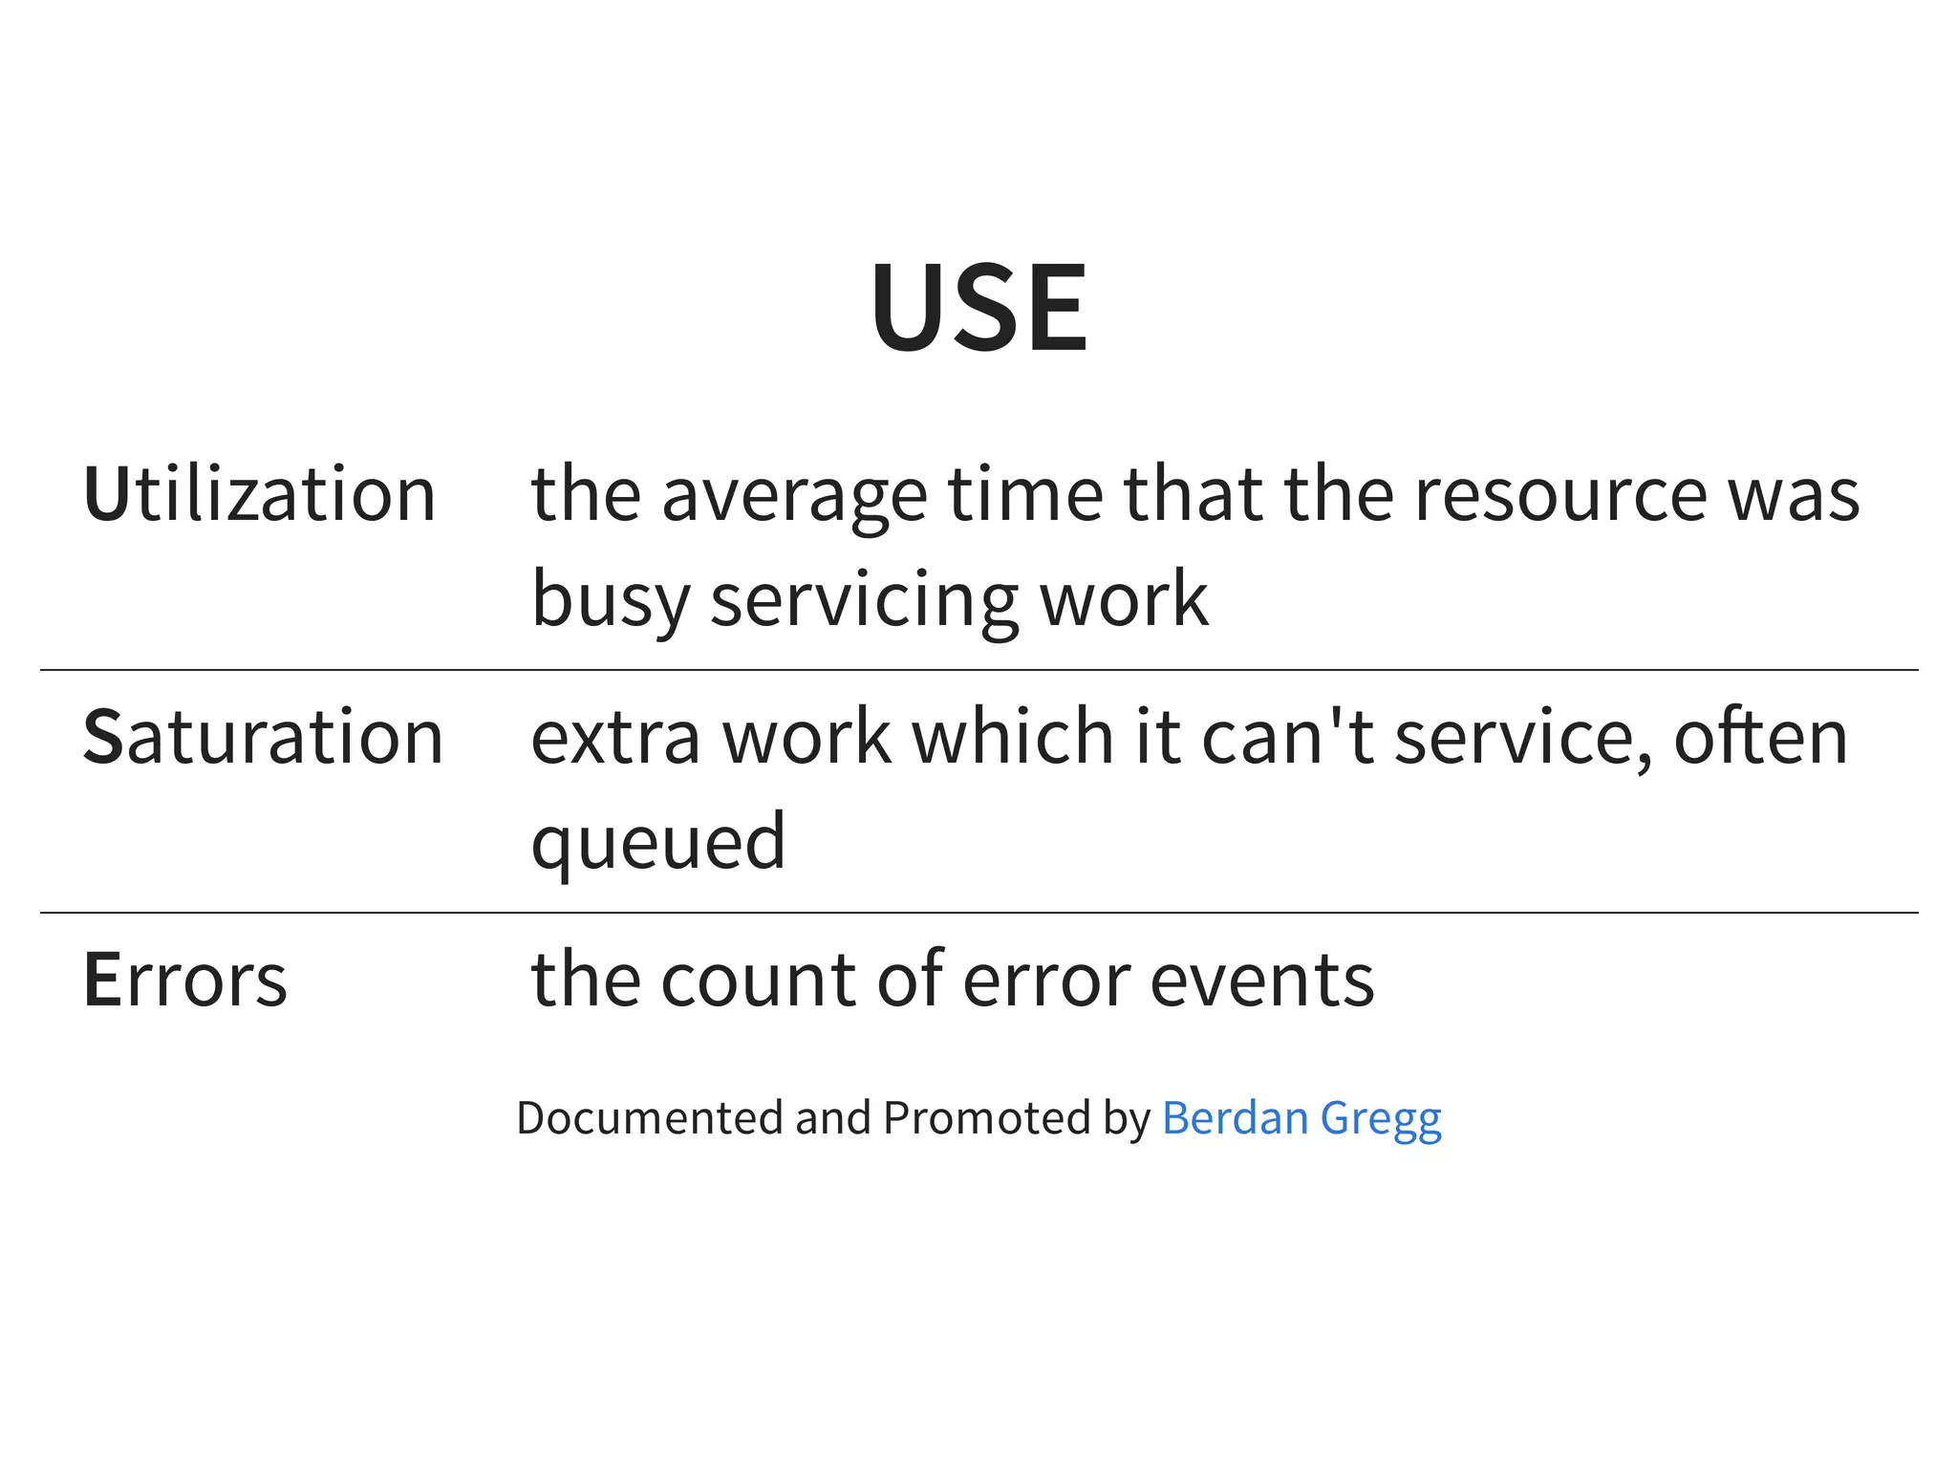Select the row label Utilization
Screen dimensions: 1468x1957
[260, 494]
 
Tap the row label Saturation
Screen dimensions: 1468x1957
[264, 737]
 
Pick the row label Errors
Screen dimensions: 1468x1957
[185, 980]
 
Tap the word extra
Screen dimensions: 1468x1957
[615, 737]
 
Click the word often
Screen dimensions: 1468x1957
[1760, 737]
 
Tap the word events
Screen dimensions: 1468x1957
[1262, 980]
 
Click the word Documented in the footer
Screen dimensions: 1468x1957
[649, 1117]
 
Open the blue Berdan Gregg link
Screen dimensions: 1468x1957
[1301, 1118]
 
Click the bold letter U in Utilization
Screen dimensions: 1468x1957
[105, 494]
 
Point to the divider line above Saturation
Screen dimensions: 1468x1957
[978, 670]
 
